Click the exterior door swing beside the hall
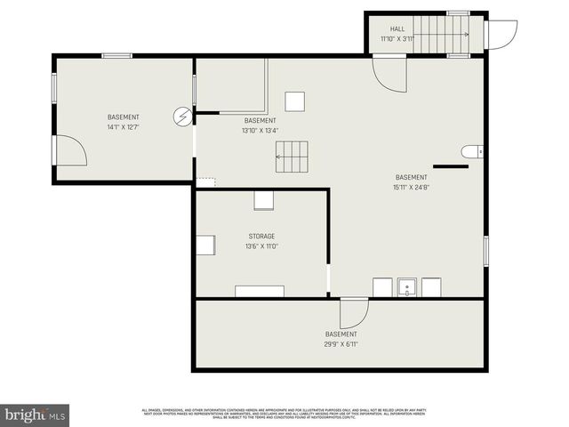(x=501, y=35)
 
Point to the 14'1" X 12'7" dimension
(x=124, y=127)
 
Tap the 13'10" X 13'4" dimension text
(x=260, y=131)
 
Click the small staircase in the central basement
(x=293, y=157)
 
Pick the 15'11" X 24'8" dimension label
(x=411, y=187)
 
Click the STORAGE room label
(x=261, y=236)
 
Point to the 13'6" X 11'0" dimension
(x=261, y=246)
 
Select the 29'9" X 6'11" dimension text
(x=341, y=343)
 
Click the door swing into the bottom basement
(x=354, y=312)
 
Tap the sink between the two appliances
(x=408, y=287)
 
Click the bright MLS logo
(x=36, y=414)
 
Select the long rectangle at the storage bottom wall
(x=260, y=291)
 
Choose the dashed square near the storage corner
(x=205, y=181)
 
